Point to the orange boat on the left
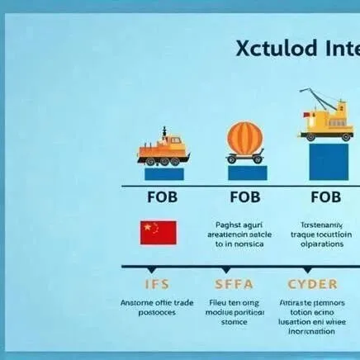click(163, 149)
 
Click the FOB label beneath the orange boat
click(163, 198)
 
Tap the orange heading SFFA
click(239, 284)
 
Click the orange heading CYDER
click(314, 284)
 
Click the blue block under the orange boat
click(163, 173)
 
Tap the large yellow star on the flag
click(147, 227)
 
